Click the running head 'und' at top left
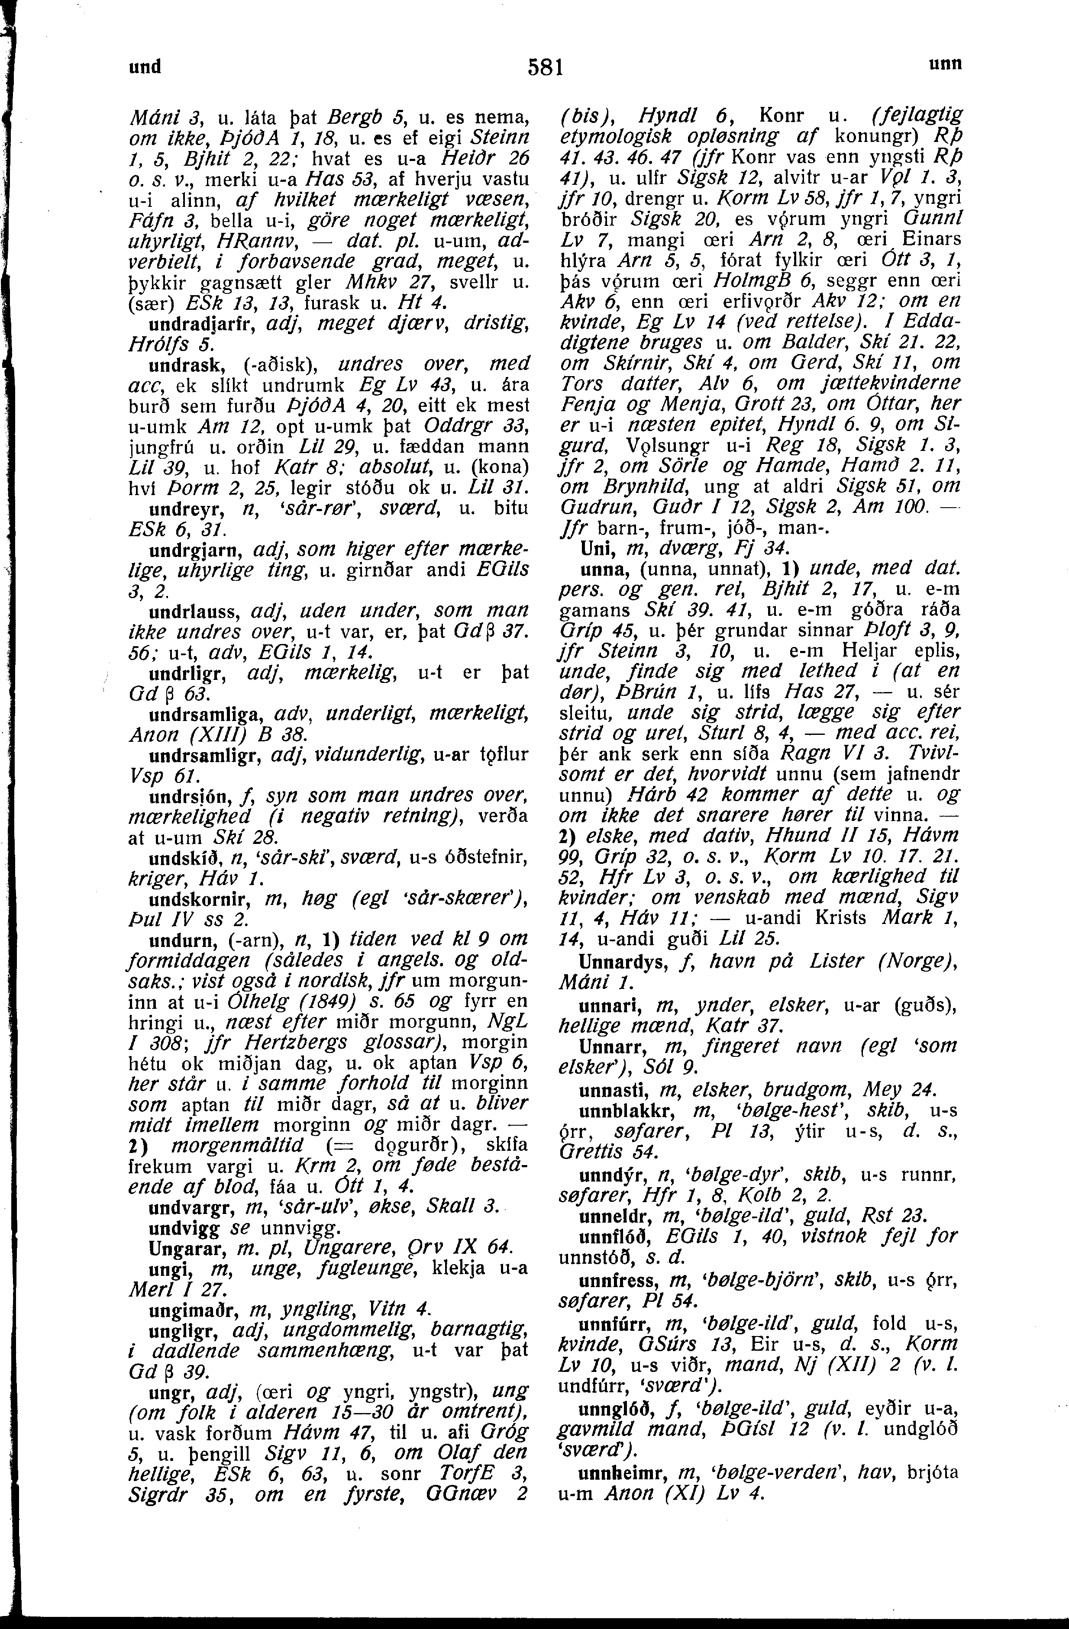tap(146, 66)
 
